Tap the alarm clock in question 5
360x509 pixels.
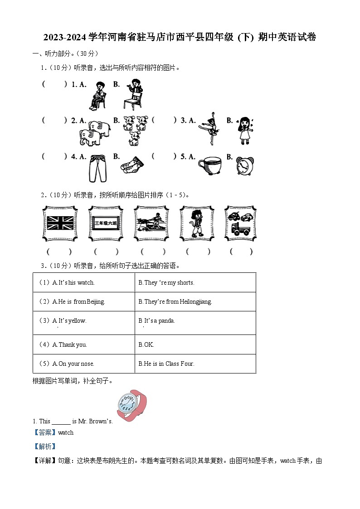coord(245,166)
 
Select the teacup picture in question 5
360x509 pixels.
coord(209,165)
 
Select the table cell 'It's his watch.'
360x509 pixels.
coord(84,282)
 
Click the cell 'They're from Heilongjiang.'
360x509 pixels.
coord(195,301)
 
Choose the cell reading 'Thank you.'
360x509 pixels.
coord(84,344)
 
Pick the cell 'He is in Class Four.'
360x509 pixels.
coord(195,364)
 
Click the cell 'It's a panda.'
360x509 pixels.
coord(195,321)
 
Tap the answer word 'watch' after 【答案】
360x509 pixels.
coord(66,432)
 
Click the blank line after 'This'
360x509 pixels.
coord(61,421)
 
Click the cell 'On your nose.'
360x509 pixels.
coord(84,364)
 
